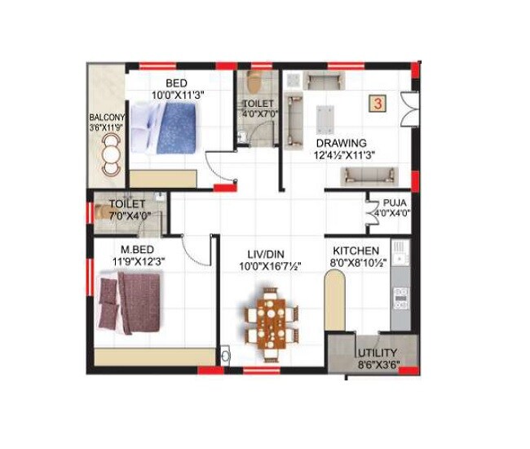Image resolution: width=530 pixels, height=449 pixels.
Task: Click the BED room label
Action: [178, 83]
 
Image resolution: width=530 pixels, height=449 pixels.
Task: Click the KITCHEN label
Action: [356, 251]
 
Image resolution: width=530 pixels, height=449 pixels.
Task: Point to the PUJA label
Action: [386, 202]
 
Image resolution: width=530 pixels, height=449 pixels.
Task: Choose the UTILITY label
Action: [378, 353]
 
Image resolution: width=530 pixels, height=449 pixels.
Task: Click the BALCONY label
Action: [105, 116]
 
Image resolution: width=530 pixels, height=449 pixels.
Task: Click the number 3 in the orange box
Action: [378, 104]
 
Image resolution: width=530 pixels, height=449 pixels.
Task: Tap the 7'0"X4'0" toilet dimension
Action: [127, 216]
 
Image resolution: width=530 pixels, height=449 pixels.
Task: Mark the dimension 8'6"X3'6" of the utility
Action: [378, 365]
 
